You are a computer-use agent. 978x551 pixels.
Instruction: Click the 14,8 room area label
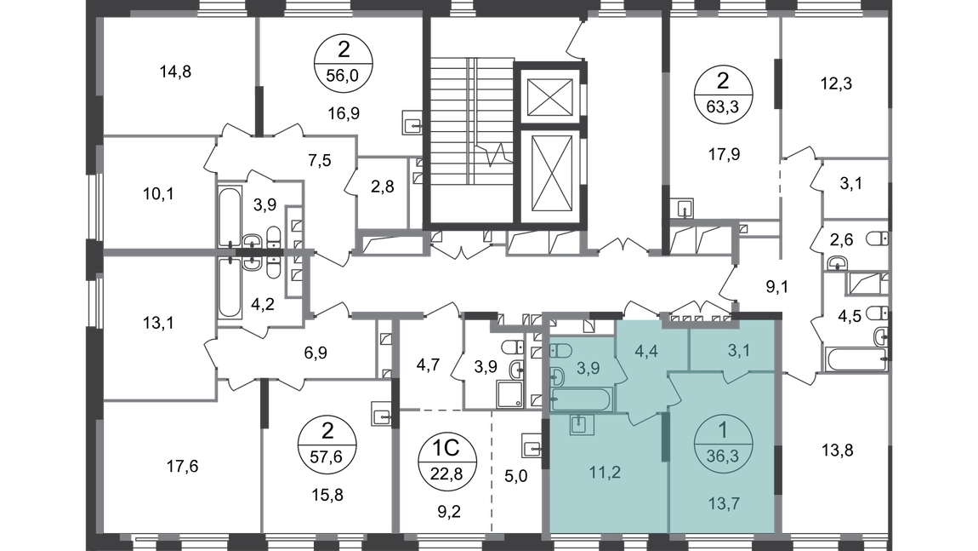point(175,72)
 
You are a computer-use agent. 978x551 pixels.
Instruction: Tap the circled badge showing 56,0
point(343,63)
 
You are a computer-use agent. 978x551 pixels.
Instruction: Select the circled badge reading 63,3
point(723,95)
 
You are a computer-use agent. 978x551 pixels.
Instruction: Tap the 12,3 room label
point(836,83)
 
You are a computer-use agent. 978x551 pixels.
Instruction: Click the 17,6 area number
point(182,466)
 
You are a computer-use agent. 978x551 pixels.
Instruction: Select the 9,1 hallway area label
point(777,287)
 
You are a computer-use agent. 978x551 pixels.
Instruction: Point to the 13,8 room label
point(837,450)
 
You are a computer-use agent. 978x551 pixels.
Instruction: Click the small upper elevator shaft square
point(549,97)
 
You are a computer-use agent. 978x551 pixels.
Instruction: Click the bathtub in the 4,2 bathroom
point(229,288)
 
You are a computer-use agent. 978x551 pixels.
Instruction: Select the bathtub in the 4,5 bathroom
point(856,359)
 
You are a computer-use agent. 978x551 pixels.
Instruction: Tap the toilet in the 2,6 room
point(878,238)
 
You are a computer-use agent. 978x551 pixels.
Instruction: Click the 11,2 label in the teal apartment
point(605,473)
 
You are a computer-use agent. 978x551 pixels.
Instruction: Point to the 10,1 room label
point(158,194)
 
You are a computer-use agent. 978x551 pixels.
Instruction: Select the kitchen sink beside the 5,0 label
point(533,447)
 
